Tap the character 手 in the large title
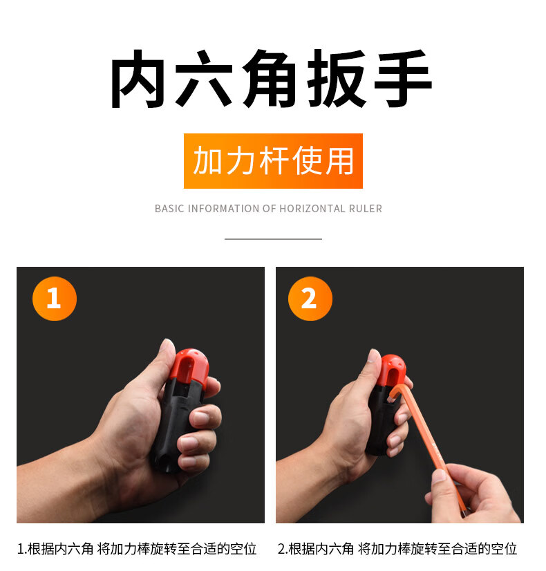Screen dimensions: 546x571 403,79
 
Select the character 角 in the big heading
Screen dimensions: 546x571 270,79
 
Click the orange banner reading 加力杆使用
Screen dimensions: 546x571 273,161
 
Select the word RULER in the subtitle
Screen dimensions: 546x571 366,209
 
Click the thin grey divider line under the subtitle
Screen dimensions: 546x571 273,239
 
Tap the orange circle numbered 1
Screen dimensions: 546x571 55,299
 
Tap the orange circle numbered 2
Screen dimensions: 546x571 310,299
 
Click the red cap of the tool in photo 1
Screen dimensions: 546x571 190,366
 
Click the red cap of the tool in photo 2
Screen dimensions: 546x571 391,370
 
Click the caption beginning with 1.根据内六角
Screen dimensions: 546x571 137,549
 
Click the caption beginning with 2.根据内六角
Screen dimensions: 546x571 397,549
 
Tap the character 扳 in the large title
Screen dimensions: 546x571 337,79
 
